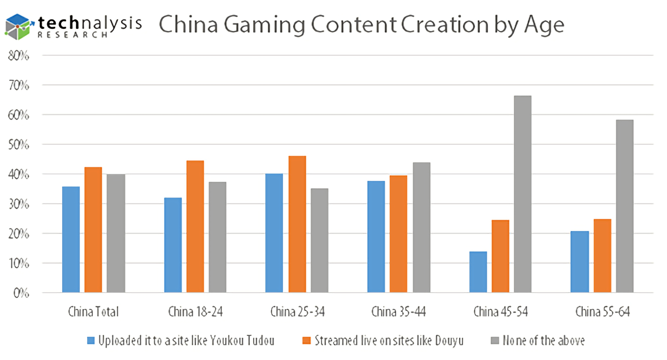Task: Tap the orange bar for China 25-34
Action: (x=297, y=224)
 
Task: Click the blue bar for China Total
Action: (x=71, y=239)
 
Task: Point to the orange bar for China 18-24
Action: (x=195, y=226)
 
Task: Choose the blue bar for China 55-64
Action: (x=579, y=262)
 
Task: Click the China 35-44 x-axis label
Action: (x=399, y=313)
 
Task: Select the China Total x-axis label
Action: (x=93, y=313)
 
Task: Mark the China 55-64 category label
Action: (x=602, y=313)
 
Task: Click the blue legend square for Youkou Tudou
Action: (x=92, y=341)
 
